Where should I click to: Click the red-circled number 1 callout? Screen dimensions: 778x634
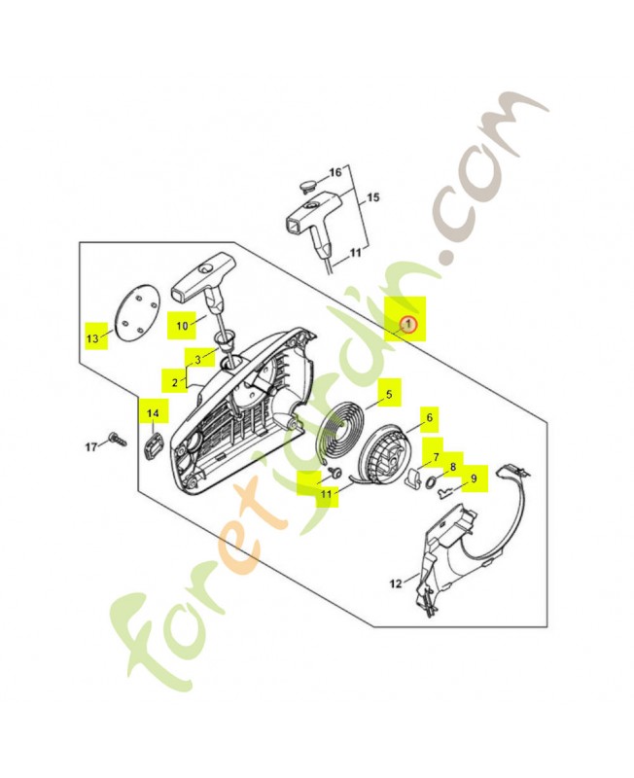(409, 323)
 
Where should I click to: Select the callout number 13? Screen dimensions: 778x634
(92, 338)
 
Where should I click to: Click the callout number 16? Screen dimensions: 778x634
(335, 172)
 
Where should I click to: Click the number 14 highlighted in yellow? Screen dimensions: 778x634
(152, 414)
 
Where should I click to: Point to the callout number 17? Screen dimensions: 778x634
(91, 447)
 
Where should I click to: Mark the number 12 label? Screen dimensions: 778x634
(396, 584)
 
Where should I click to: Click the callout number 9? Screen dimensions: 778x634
(474, 478)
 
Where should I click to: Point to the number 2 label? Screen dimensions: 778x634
(175, 382)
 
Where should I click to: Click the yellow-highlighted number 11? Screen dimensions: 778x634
(326, 494)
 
